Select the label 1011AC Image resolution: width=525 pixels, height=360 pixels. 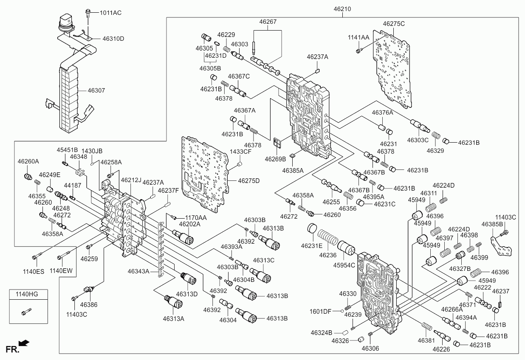pos(110,13)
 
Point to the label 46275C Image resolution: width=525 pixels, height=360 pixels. pos(394,24)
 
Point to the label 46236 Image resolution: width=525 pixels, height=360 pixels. pos(327,255)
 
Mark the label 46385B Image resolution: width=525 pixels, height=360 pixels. pos(492,224)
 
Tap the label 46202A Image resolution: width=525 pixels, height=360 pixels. pos(190,224)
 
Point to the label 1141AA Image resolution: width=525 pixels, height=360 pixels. pos(358,37)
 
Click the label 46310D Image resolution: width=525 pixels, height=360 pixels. pos(113,39)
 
